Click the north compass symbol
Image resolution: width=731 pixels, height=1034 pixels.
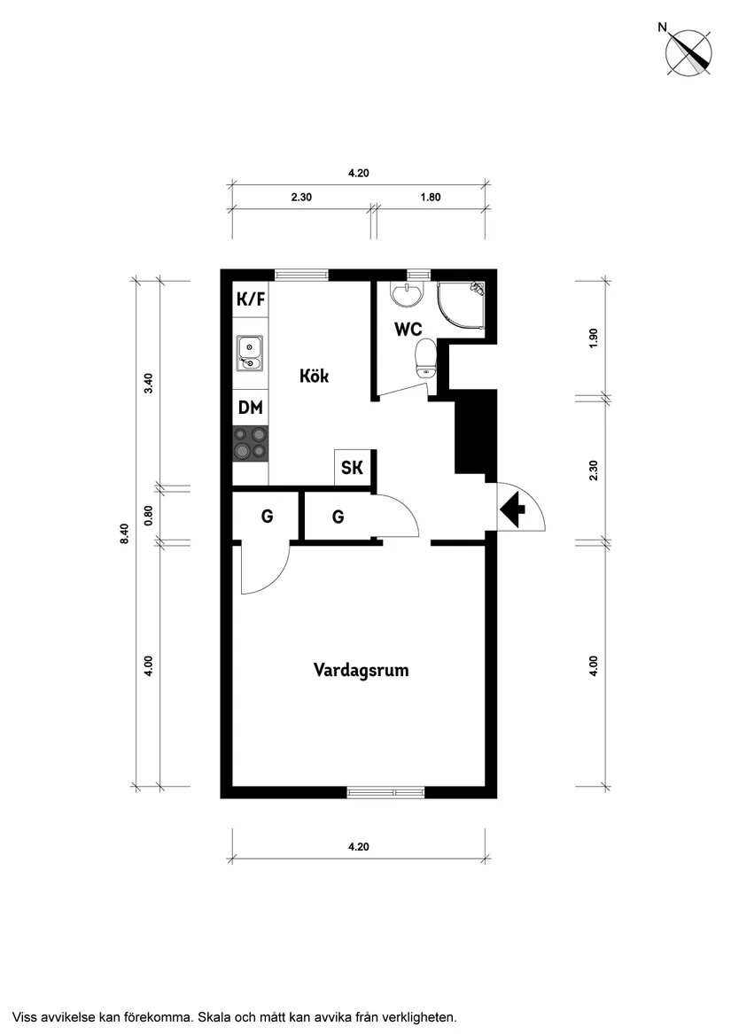pos(688,51)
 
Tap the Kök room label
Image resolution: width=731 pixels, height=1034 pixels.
pos(314,376)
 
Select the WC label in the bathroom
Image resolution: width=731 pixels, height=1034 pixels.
pos(408,329)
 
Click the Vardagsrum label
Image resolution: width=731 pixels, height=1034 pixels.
pos(361,670)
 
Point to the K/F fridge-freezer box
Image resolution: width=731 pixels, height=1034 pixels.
pos(251,300)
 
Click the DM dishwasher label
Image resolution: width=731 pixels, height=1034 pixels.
pos(251,408)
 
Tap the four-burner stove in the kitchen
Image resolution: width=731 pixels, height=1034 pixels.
pos(251,442)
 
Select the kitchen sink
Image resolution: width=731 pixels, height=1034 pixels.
pos(250,353)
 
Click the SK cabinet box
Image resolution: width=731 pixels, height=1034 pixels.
pos(353,467)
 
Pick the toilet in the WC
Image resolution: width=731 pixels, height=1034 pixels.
pos(425,357)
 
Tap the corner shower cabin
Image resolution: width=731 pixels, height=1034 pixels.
pos(461,306)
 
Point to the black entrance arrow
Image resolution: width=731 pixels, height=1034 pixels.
pos(512,509)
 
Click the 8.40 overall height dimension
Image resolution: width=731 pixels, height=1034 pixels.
pos(125,533)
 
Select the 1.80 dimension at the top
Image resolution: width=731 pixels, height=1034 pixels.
pos(430,198)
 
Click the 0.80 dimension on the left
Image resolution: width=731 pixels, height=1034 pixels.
pos(149,515)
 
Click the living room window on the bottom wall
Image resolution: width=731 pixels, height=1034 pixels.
pos(385,792)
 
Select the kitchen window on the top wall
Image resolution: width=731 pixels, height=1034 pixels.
pos(301,276)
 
